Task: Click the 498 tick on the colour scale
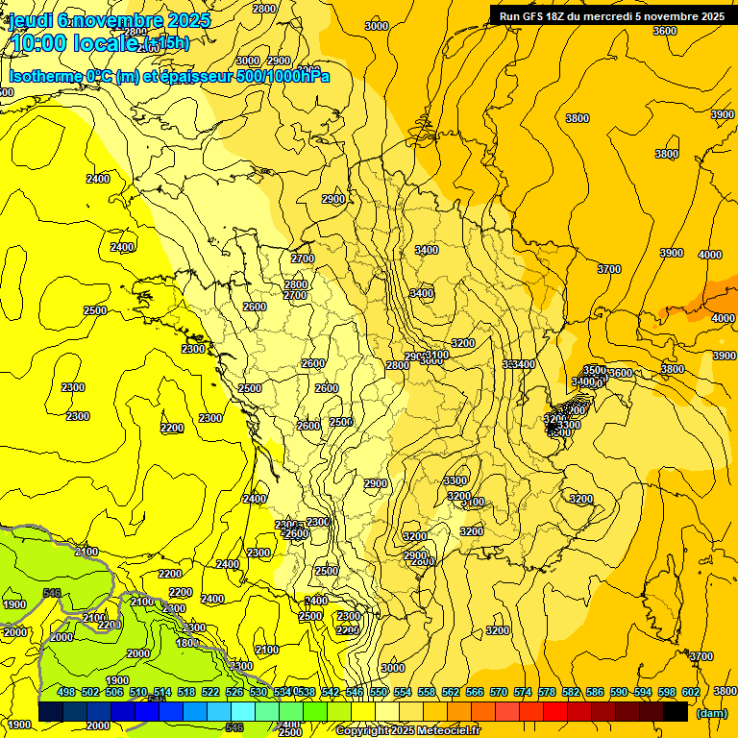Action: pyautogui.click(x=66, y=692)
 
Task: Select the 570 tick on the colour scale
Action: pyautogui.click(x=499, y=692)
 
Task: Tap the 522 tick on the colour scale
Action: pyautogui.click(x=210, y=692)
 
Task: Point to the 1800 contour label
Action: pyautogui.click(x=188, y=643)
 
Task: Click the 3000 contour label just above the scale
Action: pyautogui.click(x=392, y=668)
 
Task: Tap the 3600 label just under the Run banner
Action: pyautogui.click(x=664, y=31)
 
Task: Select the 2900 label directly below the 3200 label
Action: pyautogui.click(x=415, y=555)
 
